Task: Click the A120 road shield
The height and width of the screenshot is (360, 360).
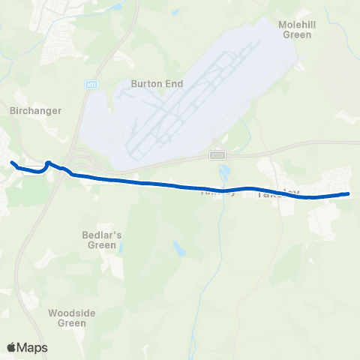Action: click(x=217, y=155)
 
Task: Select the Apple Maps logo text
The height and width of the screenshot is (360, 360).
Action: click(x=34, y=347)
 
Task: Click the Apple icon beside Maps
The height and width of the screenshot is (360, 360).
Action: click(x=12, y=346)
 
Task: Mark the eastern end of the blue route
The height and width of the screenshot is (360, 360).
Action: click(x=348, y=194)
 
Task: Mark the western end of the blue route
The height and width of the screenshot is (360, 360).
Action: click(x=11, y=162)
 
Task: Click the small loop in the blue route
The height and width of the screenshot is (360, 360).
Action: click(x=48, y=163)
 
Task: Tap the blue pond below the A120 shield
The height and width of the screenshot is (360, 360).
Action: click(x=224, y=174)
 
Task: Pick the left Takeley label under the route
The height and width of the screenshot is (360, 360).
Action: click(x=217, y=193)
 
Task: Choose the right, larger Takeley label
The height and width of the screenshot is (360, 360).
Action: click(x=278, y=193)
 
